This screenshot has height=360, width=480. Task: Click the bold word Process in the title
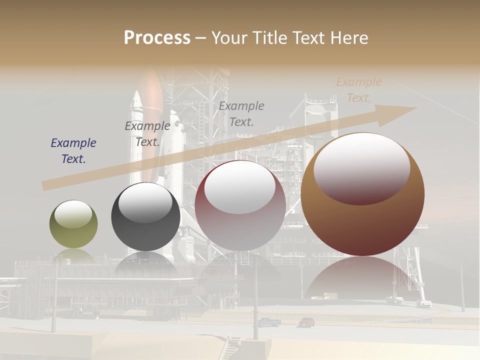click(x=157, y=37)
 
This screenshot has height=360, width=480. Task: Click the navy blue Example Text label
click(x=73, y=150)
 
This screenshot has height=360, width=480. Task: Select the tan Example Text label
click(x=358, y=89)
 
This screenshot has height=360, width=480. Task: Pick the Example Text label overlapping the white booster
click(x=147, y=133)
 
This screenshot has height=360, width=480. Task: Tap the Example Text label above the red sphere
click(x=241, y=113)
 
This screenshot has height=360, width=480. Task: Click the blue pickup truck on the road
click(x=269, y=322)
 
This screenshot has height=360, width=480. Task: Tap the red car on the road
click(x=307, y=322)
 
